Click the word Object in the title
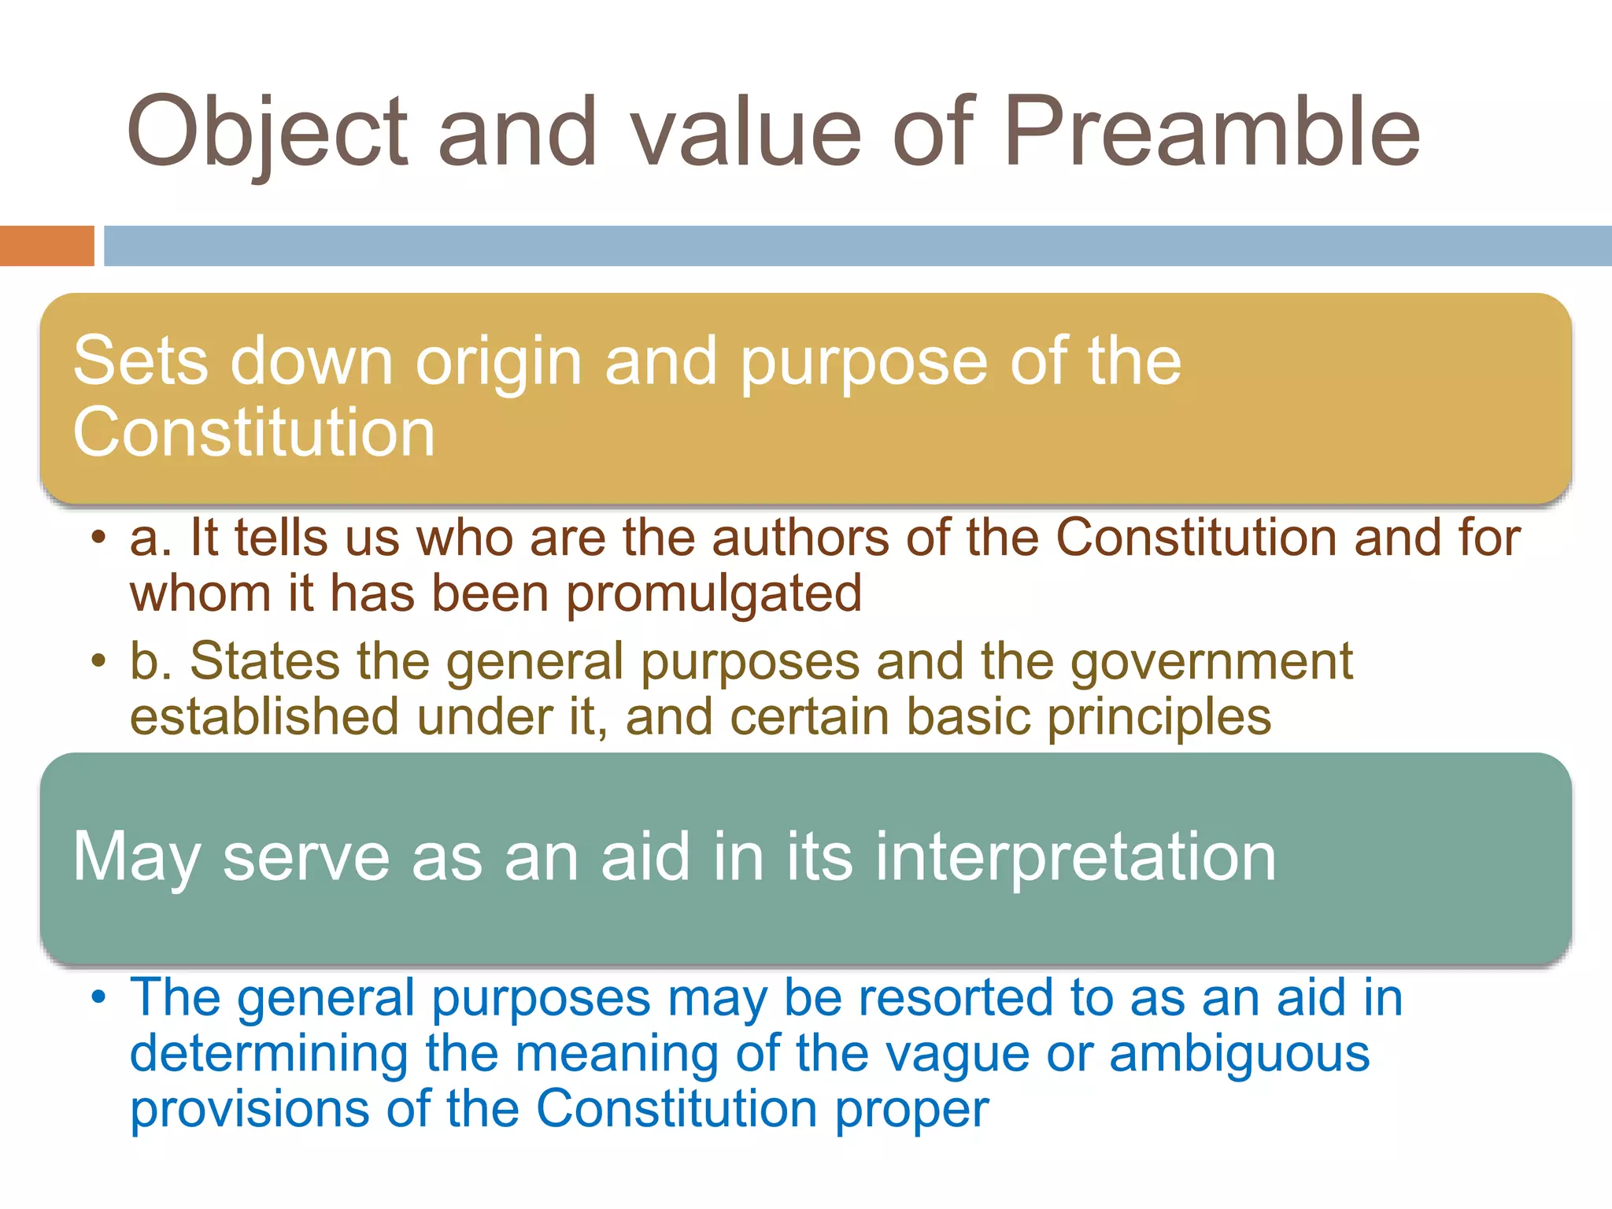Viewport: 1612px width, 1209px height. pyautogui.click(x=268, y=132)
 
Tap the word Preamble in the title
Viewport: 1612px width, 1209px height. pyautogui.click(x=1212, y=132)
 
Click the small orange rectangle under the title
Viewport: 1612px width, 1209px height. pyautogui.click(x=46, y=246)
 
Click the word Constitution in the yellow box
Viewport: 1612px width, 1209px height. pyautogui.click(x=253, y=432)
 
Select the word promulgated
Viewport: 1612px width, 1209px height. pyautogui.click(x=714, y=593)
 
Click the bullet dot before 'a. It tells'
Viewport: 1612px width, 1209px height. pyautogui.click(x=98, y=538)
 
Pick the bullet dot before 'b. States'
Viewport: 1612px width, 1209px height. pyautogui.click(x=98, y=660)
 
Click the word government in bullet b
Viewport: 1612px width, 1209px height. pyautogui.click(x=1211, y=661)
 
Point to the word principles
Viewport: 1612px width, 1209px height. pyautogui.click(x=1159, y=717)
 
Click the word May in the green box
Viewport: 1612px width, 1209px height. pyautogui.click(x=136, y=858)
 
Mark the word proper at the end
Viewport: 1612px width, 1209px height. pyautogui.click(x=911, y=1109)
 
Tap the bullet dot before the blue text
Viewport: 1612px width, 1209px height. pyautogui.click(x=98, y=997)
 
